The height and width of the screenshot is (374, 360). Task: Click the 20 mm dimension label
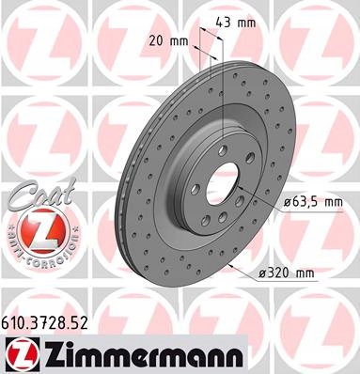(169, 41)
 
